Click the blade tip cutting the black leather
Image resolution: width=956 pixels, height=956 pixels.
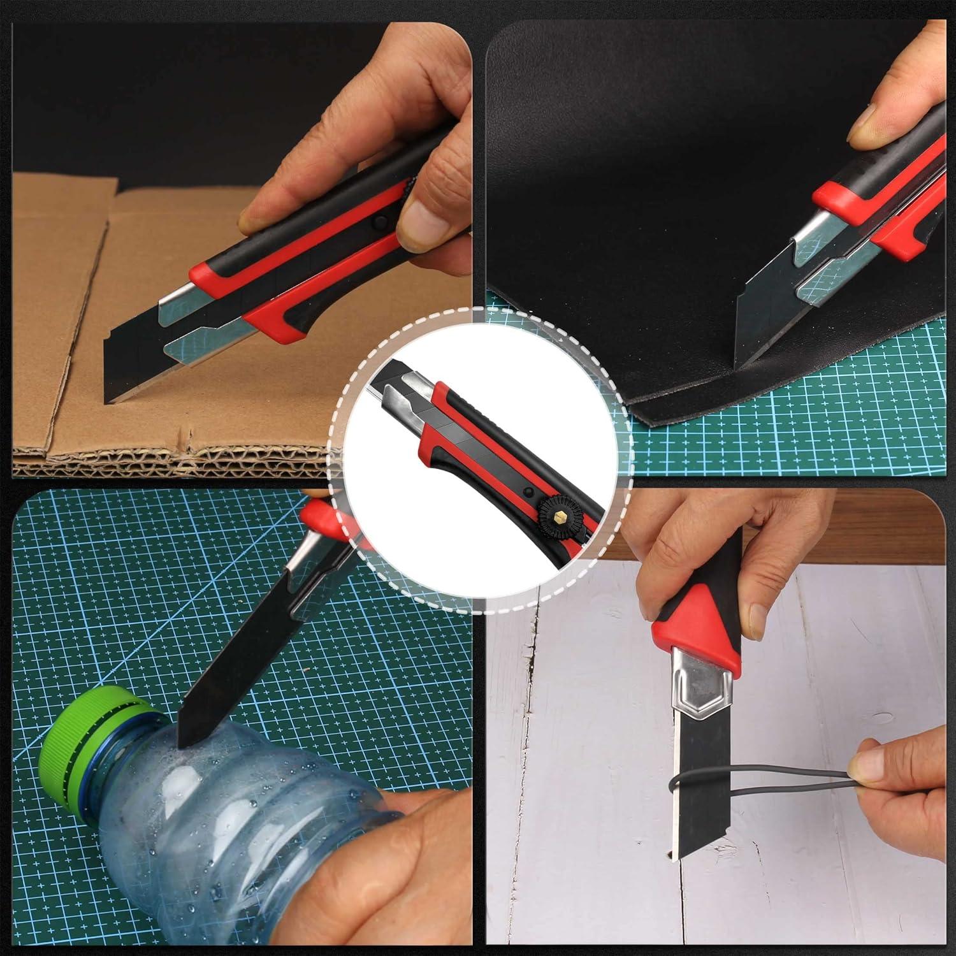739,368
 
